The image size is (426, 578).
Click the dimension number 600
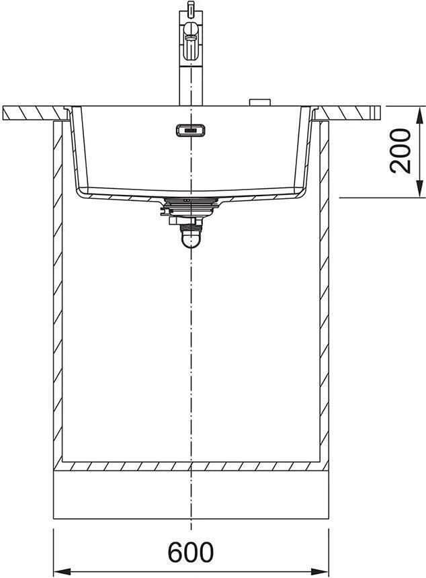191,552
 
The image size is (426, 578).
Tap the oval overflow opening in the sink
189,130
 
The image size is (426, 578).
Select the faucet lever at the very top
190,9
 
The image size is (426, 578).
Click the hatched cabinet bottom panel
191,465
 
